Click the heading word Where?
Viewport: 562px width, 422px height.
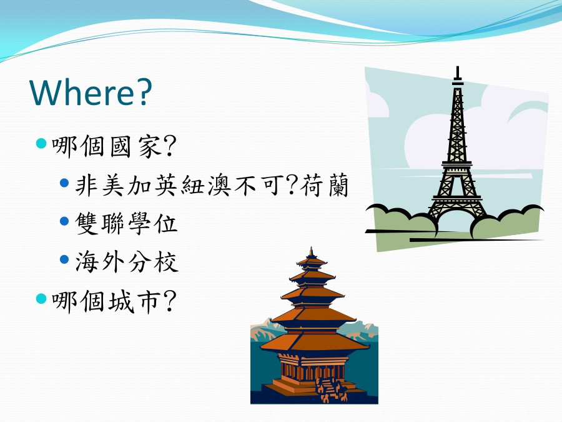91,92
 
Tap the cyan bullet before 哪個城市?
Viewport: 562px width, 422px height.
42,298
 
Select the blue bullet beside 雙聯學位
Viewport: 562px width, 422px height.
64,221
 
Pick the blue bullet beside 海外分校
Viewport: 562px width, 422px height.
64,259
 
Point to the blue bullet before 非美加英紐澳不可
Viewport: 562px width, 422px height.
64,183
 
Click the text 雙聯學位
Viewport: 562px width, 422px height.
126,223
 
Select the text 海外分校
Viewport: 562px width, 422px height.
126,261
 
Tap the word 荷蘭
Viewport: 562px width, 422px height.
324,185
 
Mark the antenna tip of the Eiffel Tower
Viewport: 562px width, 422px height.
457,67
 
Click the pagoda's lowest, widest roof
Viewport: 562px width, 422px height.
314,343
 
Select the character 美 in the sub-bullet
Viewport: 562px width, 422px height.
113,185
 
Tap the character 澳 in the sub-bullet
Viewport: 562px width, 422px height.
219,185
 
